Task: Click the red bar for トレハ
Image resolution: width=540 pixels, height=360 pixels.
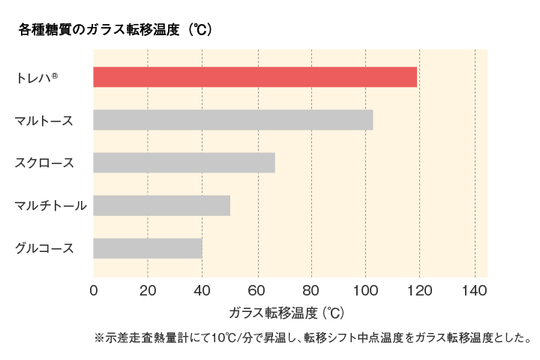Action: tap(255, 76)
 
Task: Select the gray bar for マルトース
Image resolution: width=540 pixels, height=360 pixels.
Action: tap(233, 120)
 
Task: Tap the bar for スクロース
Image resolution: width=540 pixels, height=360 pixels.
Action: tap(184, 163)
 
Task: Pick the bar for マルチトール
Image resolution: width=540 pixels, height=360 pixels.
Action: tap(161, 205)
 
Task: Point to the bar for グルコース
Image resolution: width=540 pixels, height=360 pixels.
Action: tap(148, 248)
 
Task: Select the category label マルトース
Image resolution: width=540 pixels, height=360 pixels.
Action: tap(44, 120)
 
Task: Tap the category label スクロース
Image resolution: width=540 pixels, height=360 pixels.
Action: tap(44, 163)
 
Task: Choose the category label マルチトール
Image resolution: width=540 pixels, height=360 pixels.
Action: tap(50, 205)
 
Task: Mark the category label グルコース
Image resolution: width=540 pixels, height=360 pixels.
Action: tap(44, 248)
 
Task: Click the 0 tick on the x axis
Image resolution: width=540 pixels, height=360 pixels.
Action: tap(94, 291)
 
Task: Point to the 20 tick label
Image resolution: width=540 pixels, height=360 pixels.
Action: tap(148, 291)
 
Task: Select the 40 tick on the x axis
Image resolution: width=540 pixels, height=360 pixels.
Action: tap(202, 291)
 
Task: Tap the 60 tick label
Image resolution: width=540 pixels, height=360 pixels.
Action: tap(257, 291)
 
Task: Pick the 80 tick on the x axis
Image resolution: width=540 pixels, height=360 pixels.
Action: tap(311, 291)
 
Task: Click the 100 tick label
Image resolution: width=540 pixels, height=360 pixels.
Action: tap(365, 291)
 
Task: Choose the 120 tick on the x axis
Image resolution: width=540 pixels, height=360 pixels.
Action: tap(420, 291)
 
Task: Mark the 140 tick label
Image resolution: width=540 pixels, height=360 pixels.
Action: tap(475, 291)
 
